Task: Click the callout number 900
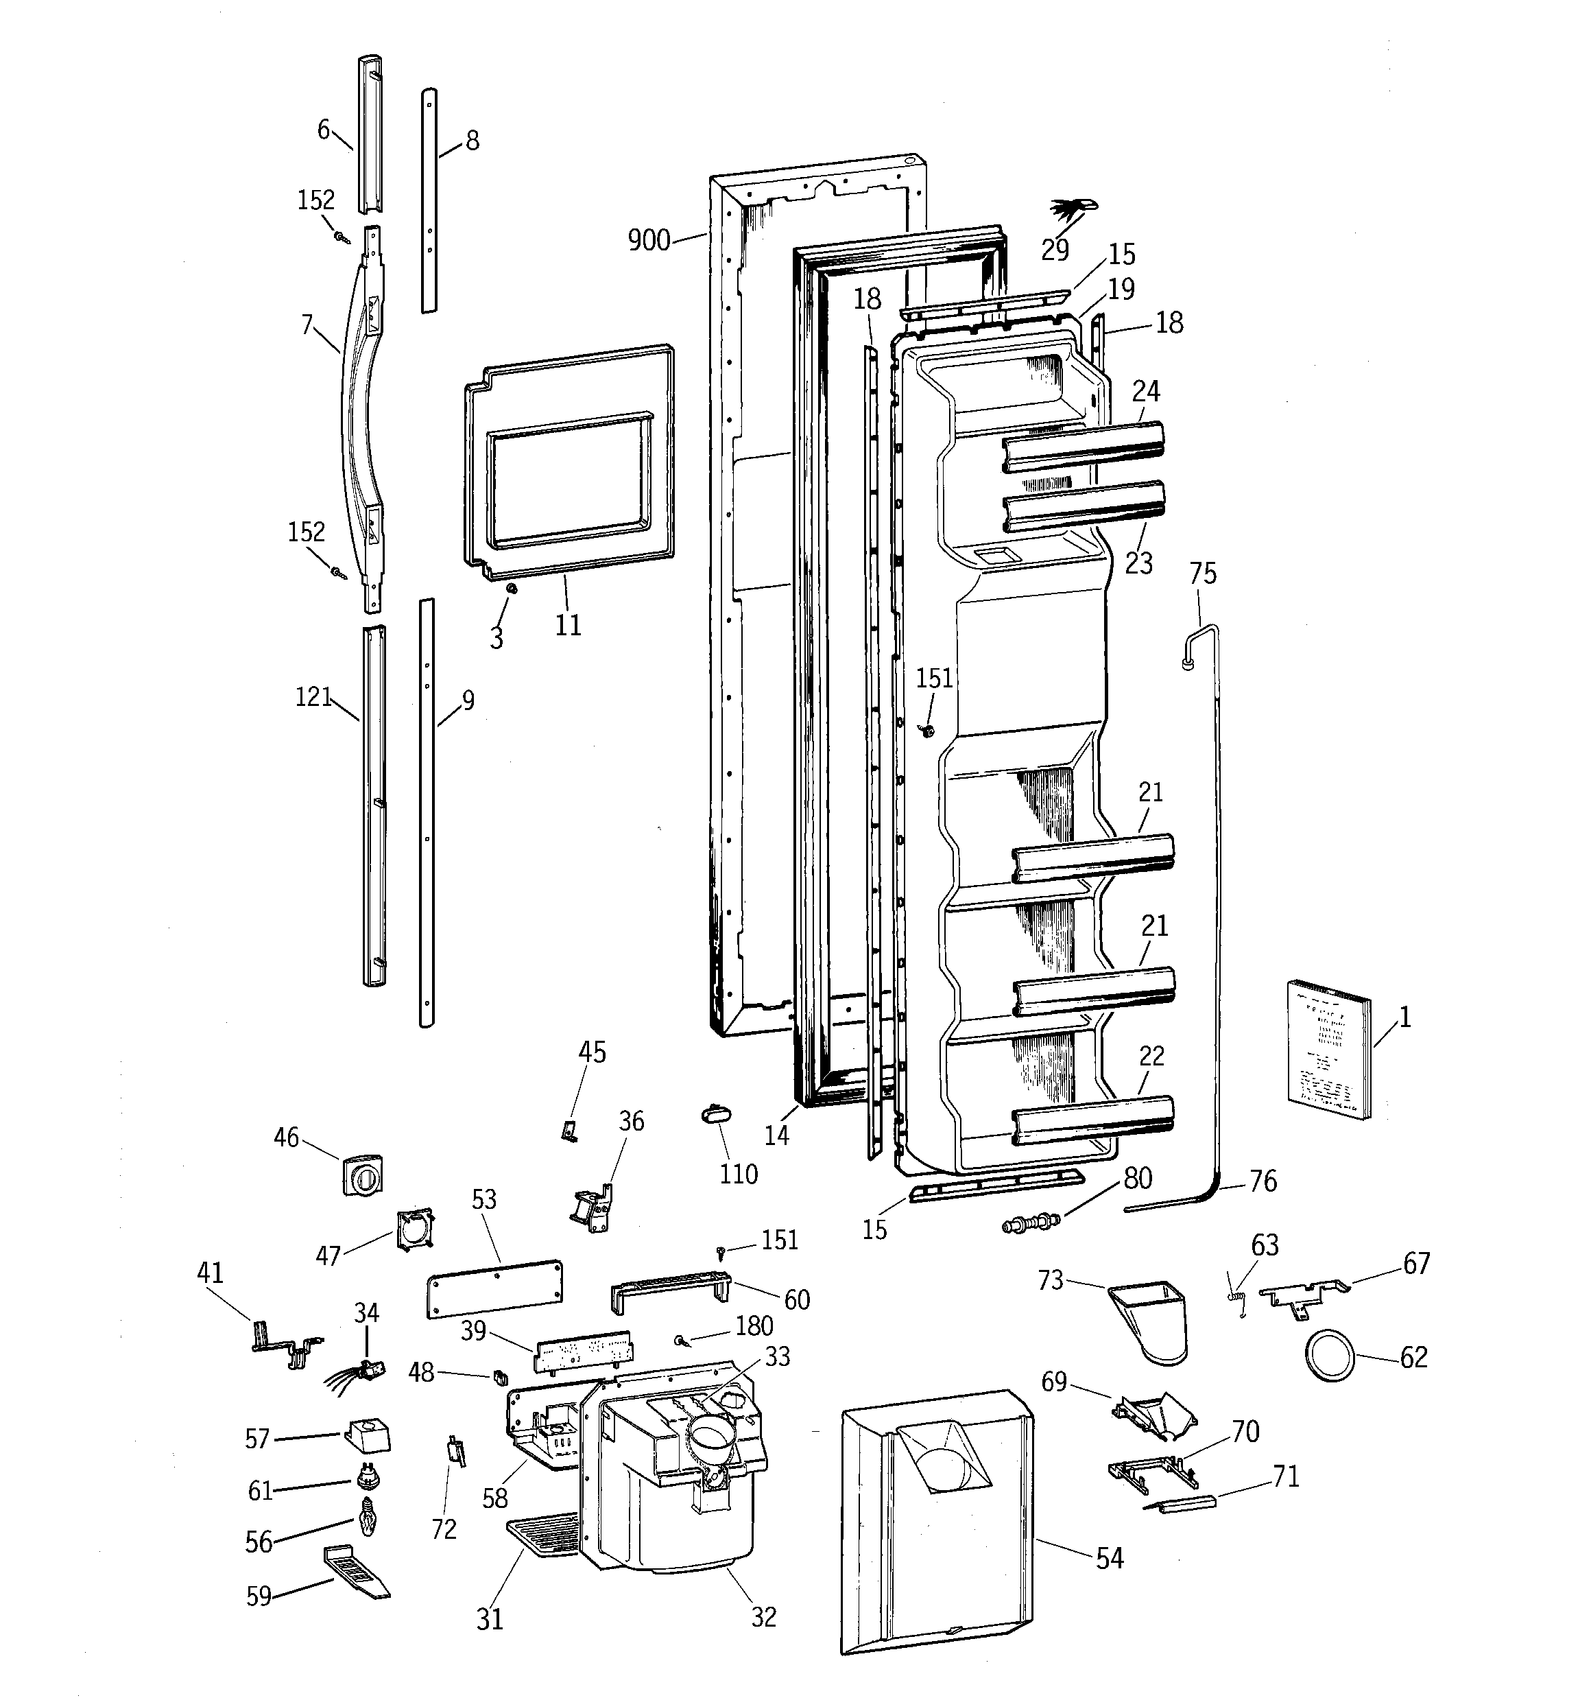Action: click(648, 241)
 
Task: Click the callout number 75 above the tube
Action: click(1202, 573)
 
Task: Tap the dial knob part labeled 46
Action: click(362, 1175)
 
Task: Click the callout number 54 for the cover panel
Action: click(1110, 1558)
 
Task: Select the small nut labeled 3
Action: click(512, 589)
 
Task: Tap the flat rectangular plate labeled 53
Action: click(494, 1287)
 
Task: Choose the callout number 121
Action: click(313, 697)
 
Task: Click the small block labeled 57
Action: click(368, 1437)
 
